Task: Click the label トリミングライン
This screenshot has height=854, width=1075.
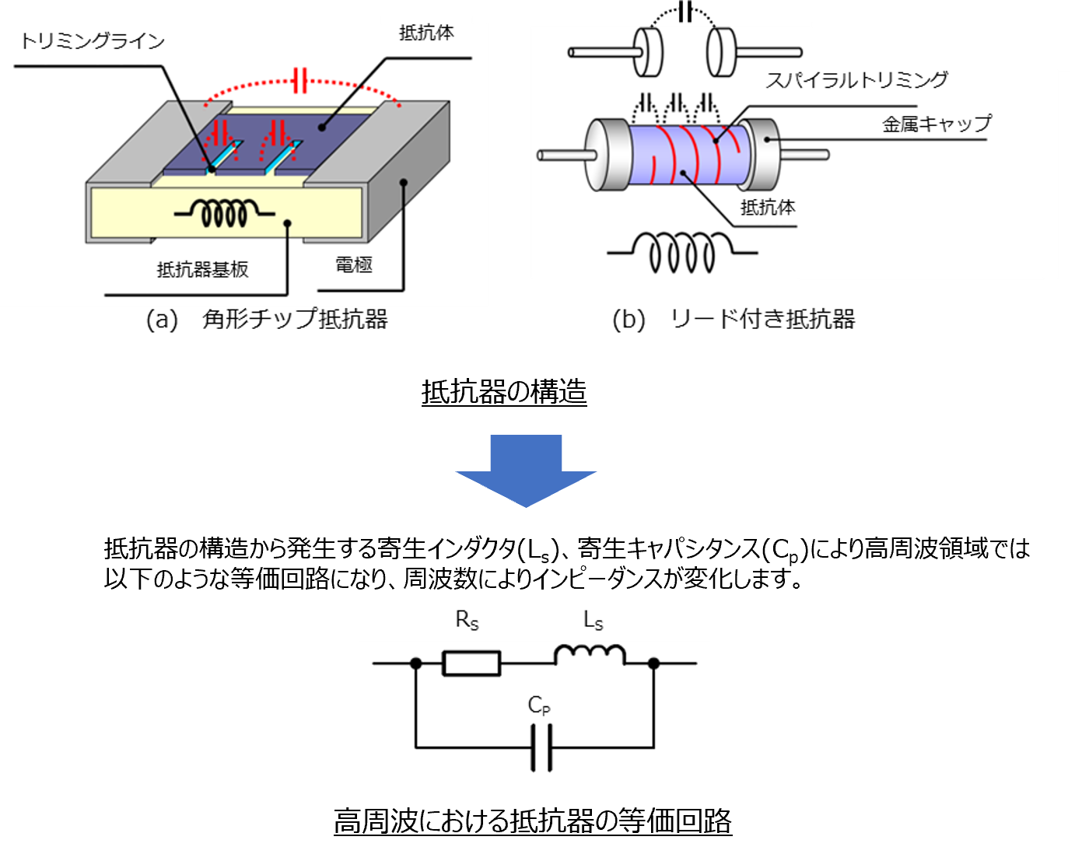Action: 93,40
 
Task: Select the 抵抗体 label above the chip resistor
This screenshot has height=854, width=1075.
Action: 426,33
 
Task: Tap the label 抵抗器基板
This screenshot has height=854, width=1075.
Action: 202,270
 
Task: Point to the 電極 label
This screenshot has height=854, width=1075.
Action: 354,265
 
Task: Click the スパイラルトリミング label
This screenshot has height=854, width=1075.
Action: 856,80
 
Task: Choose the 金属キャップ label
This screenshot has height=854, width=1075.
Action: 937,124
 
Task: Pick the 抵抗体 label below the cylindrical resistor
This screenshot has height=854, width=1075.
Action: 768,208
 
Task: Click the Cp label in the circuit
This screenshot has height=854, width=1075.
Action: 539,705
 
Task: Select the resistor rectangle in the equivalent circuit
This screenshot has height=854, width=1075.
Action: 471,663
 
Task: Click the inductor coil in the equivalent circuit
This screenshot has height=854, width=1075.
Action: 589,656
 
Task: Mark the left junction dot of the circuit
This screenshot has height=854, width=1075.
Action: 416,663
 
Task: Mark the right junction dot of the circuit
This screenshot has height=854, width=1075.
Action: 654,663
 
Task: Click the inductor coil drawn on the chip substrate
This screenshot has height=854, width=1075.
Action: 224,213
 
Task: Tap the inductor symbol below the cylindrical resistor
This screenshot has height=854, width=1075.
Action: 682,253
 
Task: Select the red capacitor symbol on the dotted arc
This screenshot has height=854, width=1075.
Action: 300,80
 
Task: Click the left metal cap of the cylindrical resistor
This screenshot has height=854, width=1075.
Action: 607,155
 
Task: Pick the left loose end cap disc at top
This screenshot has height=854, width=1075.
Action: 647,52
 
